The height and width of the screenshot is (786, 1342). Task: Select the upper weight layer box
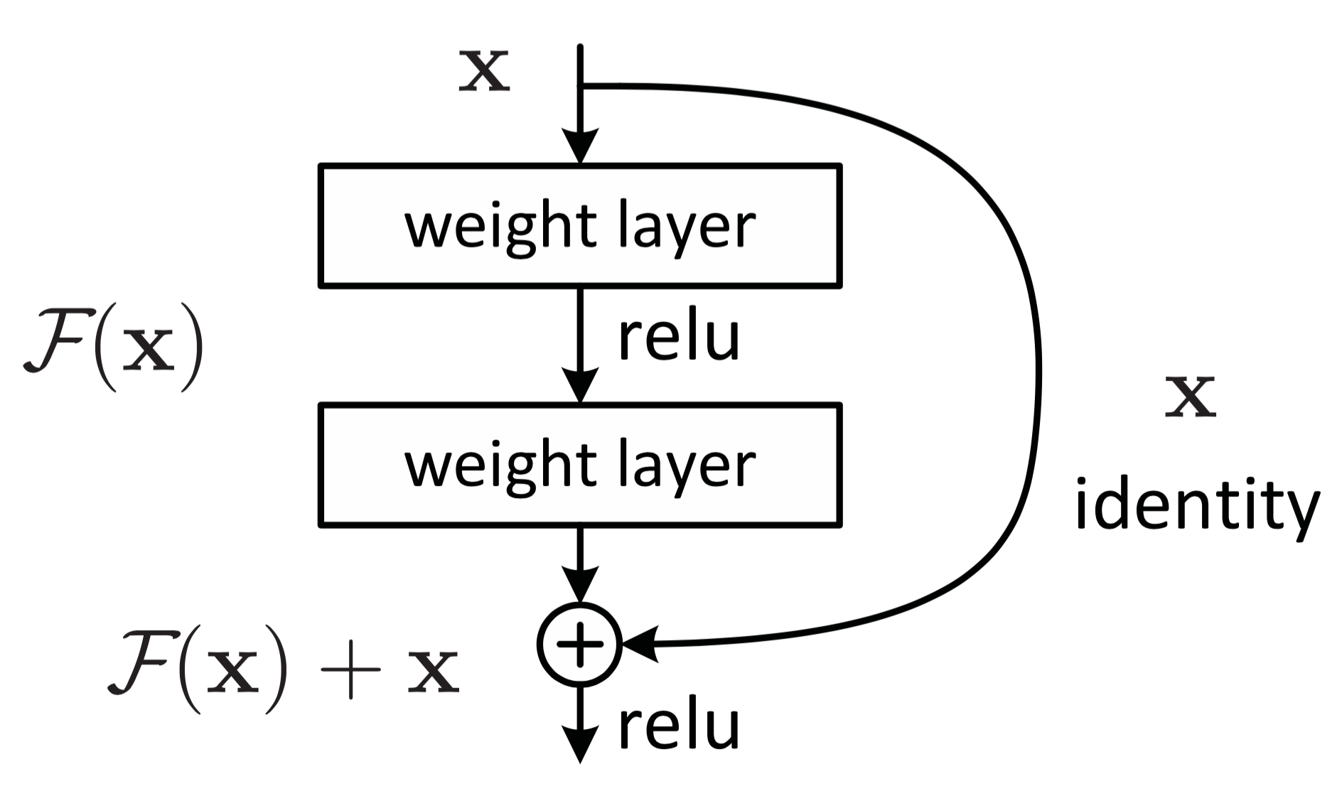click(x=580, y=226)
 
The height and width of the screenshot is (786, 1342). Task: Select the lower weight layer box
click(x=580, y=465)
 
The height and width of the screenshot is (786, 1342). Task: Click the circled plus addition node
click(x=580, y=645)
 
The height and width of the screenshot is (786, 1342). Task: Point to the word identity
click(x=1196, y=509)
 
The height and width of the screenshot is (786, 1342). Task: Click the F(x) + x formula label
click(x=283, y=672)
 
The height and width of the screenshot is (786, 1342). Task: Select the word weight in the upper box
click(x=496, y=227)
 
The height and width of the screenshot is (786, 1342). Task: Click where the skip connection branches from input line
click(x=581, y=86)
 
